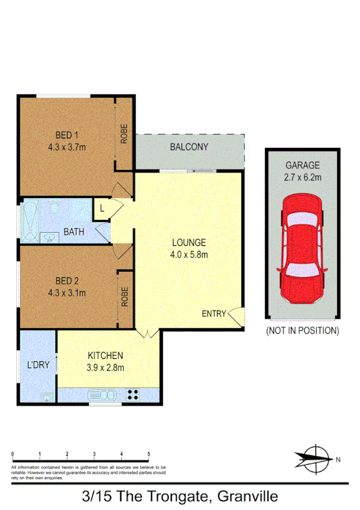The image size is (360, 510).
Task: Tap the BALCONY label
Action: click(x=189, y=147)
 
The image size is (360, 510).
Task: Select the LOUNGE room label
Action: click(x=189, y=243)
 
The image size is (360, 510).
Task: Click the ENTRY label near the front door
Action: click(x=214, y=313)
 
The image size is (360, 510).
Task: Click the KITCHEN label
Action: click(x=106, y=355)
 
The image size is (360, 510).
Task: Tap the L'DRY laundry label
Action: click(x=37, y=364)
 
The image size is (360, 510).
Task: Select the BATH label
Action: click(x=74, y=232)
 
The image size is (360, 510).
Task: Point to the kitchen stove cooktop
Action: click(x=133, y=395)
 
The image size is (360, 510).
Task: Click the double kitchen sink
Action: click(x=102, y=395)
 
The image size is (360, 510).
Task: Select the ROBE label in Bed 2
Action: click(x=125, y=298)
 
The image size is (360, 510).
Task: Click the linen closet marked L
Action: click(x=103, y=209)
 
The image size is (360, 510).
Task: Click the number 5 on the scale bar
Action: click(x=149, y=453)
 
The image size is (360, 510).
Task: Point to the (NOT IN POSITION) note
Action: click(x=302, y=330)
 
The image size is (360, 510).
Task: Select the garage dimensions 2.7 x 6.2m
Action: click(x=303, y=177)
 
